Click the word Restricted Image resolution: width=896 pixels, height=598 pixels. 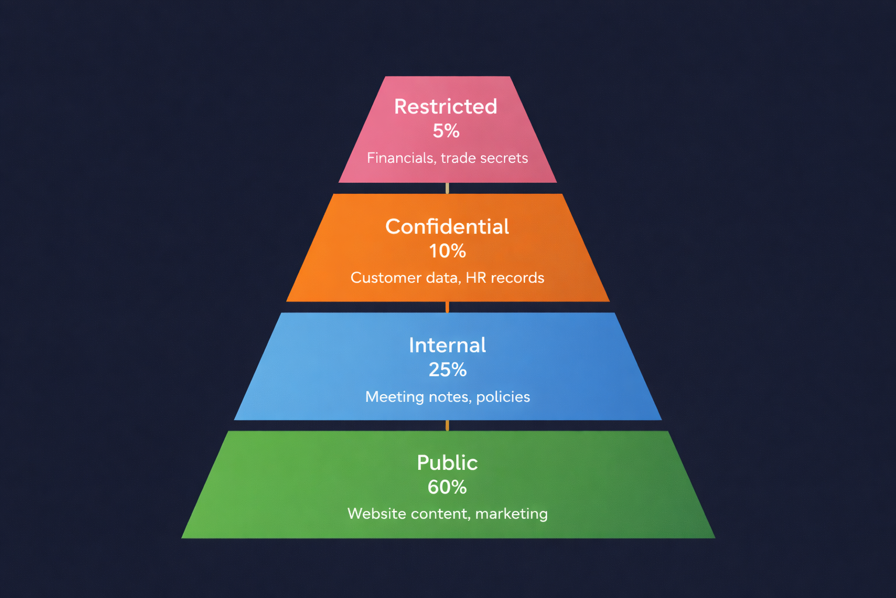pyautogui.click(x=446, y=106)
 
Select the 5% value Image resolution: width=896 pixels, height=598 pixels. pyautogui.click(x=446, y=131)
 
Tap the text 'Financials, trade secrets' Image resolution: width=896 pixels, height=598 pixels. pyautogui.click(x=447, y=158)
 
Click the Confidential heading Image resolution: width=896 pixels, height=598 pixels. pyautogui.click(x=447, y=227)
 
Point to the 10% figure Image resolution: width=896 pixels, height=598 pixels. pyautogui.click(x=447, y=251)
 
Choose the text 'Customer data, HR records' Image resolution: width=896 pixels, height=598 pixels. pyautogui.click(x=447, y=277)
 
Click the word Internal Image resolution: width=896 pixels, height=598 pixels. pyautogui.click(x=447, y=345)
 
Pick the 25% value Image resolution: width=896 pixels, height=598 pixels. pyautogui.click(x=447, y=370)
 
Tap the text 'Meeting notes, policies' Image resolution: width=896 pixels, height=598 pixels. pyautogui.click(x=447, y=397)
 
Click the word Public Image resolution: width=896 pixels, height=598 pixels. pyautogui.click(x=447, y=463)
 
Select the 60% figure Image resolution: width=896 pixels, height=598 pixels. pyautogui.click(x=447, y=487)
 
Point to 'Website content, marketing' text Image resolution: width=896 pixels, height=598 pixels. pyautogui.click(x=447, y=514)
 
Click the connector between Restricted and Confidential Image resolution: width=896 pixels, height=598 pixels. pyautogui.click(x=447, y=188)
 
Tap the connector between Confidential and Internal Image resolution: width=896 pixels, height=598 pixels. pyautogui.click(x=447, y=307)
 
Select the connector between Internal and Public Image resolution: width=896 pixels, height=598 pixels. pyautogui.click(x=447, y=425)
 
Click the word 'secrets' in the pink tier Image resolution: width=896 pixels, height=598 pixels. pyautogui.click(x=505, y=158)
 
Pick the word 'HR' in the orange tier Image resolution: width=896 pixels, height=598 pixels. pyautogui.click(x=476, y=277)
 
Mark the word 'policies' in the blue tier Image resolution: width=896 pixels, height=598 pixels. pyautogui.click(x=503, y=397)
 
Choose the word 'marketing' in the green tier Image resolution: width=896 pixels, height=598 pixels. pyautogui.click(x=512, y=514)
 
